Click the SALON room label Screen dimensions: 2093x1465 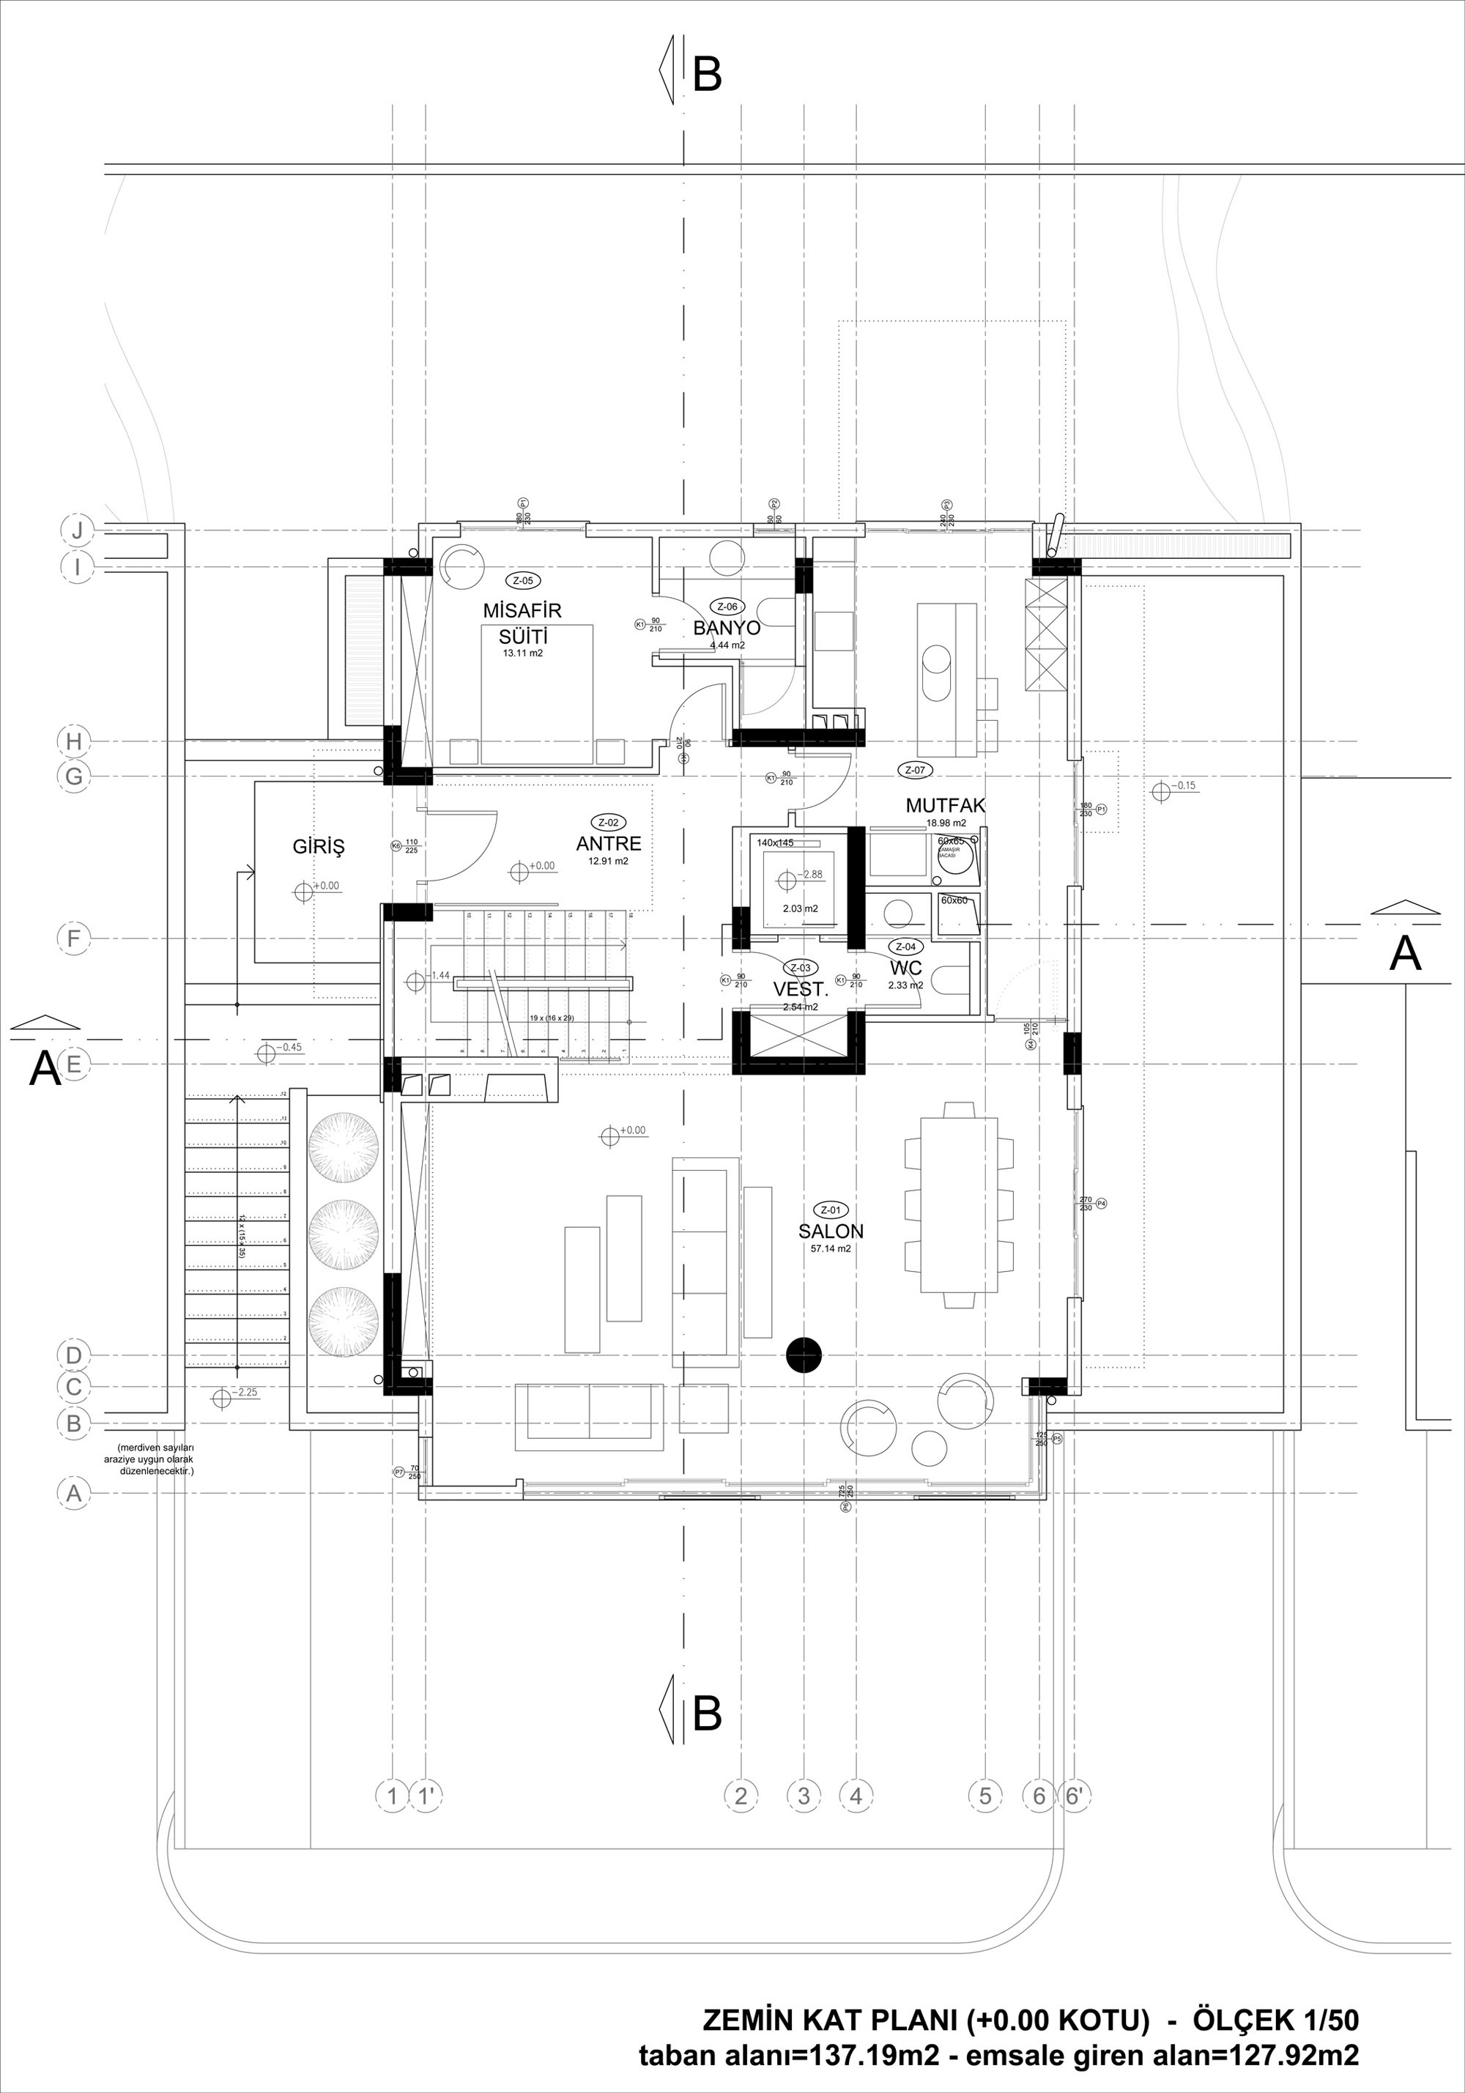831,1231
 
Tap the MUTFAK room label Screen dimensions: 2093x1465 946,805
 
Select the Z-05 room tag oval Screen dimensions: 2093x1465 523,581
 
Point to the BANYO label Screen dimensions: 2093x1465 727,628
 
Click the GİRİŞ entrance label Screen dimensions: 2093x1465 318,846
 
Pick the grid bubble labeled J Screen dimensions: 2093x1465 78,530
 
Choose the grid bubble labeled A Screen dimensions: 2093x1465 75,1493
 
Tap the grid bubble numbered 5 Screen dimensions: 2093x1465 984,1796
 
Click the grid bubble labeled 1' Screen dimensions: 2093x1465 426,1796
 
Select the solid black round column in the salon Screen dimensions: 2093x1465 804,1355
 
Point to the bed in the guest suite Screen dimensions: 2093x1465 537,693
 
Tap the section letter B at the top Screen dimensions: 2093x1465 708,75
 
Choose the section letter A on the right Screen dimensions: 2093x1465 1405,954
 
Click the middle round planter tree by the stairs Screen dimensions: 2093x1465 343,1232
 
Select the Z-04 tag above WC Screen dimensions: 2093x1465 905,947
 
